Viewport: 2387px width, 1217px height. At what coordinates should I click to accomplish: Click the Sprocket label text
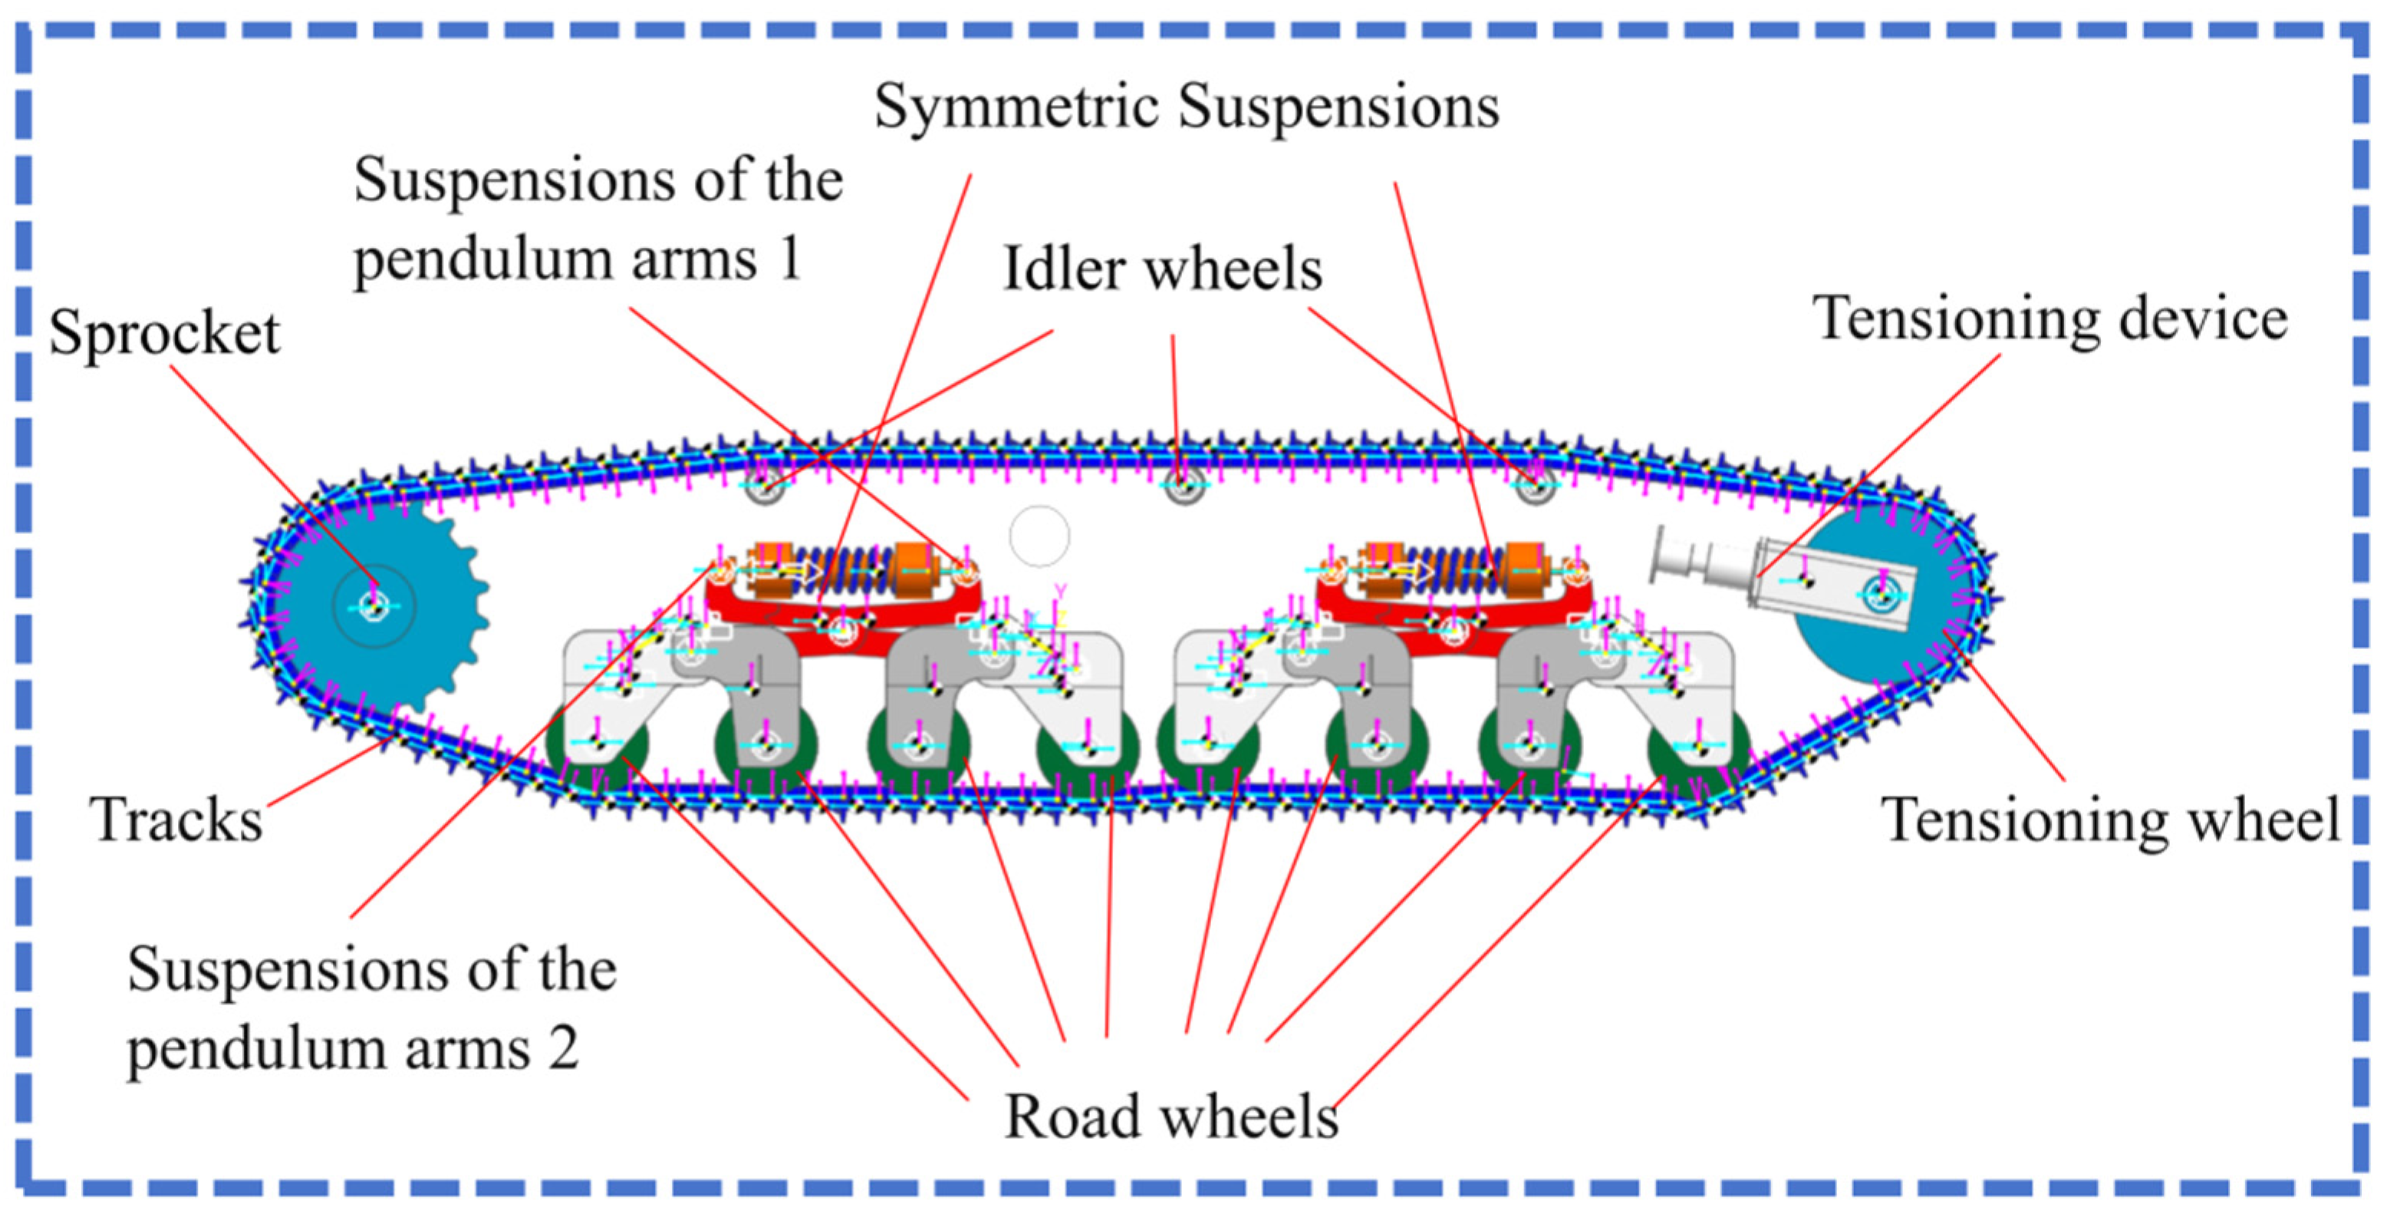pyautogui.click(x=164, y=333)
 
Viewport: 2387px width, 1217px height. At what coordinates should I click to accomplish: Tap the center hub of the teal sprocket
pyautogui.click(x=374, y=606)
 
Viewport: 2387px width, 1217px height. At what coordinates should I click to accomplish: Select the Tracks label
pyautogui.click(x=176, y=820)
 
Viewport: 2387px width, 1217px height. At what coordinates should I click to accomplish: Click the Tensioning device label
pyautogui.click(x=2050, y=319)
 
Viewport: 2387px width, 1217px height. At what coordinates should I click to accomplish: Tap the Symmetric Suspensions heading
pyautogui.click(x=1186, y=106)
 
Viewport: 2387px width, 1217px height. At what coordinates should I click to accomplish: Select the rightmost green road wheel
pyautogui.click(x=1698, y=746)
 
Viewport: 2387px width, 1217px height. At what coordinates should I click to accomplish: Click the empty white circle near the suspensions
pyautogui.click(x=1039, y=536)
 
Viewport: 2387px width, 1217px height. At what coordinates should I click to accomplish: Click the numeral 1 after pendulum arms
pyautogui.click(x=789, y=259)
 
